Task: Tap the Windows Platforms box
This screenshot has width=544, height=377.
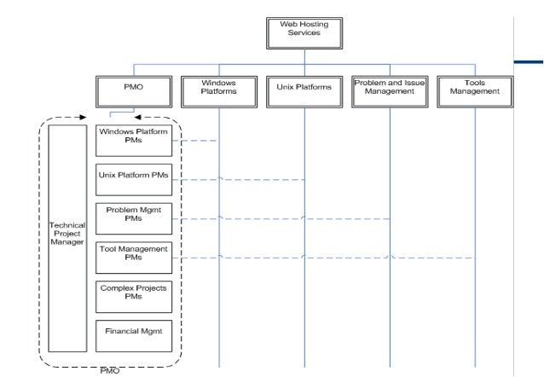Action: [x=218, y=88]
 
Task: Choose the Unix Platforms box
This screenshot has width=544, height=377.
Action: [x=304, y=88]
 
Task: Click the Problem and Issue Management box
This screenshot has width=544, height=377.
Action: [x=390, y=88]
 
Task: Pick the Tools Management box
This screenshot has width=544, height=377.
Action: [x=474, y=88]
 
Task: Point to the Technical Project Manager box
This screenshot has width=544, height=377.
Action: [x=67, y=238]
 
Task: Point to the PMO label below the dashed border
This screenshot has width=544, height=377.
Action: [x=110, y=371]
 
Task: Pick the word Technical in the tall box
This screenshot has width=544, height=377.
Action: [x=67, y=225]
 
